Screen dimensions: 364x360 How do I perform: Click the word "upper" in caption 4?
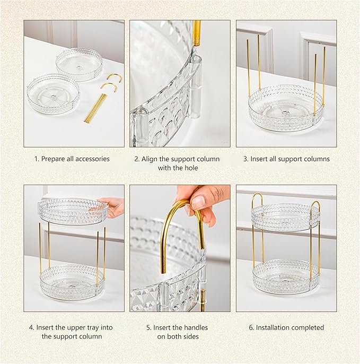pyautogui.click(x=75, y=327)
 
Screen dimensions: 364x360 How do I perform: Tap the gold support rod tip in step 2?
pyautogui.click(x=197, y=32)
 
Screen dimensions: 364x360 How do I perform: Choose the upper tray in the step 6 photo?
pyautogui.click(x=285, y=216)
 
